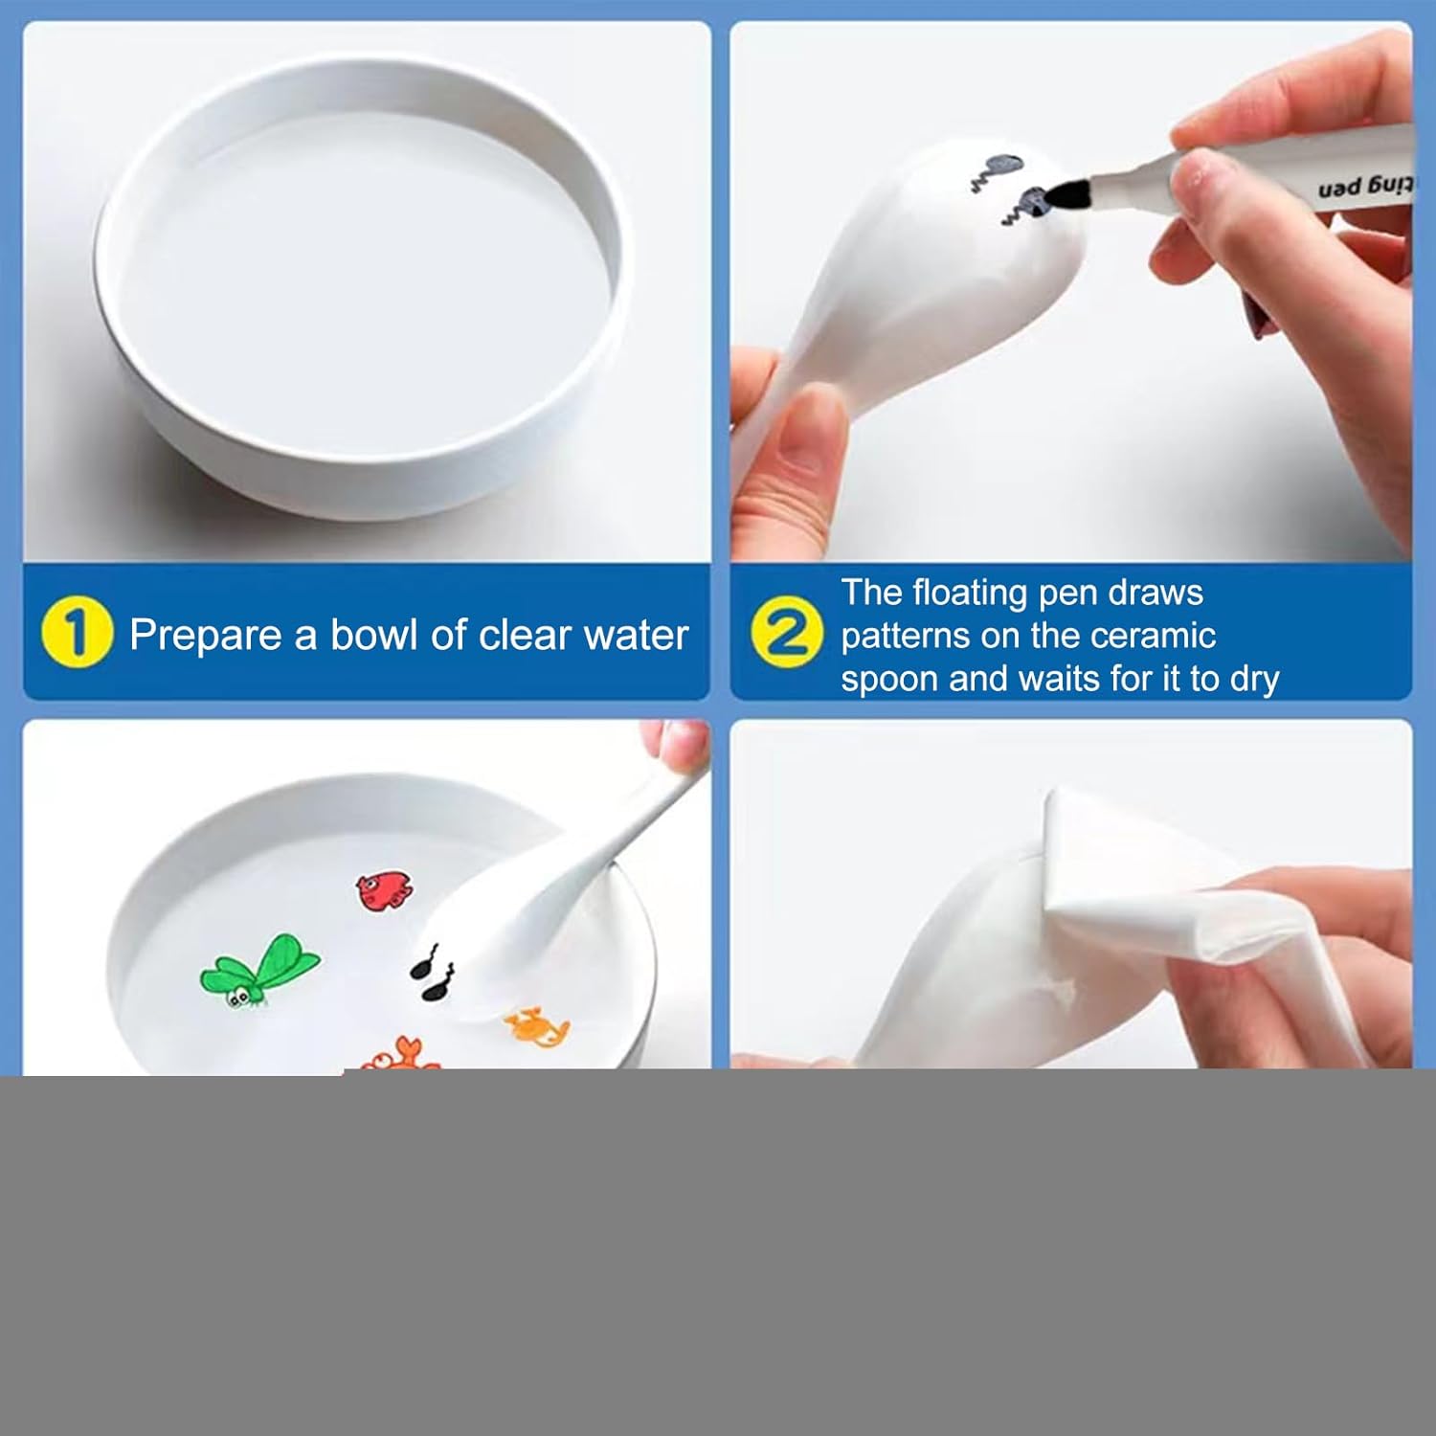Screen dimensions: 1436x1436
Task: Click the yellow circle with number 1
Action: point(77,633)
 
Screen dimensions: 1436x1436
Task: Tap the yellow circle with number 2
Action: point(787,633)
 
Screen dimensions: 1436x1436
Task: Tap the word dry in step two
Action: point(1254,680)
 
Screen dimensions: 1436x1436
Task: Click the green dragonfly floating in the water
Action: point(259,971)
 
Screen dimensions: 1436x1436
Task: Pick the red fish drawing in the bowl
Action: point(384,890)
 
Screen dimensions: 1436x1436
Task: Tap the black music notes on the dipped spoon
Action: point(433,974)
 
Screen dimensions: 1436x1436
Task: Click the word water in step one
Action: point(637,636)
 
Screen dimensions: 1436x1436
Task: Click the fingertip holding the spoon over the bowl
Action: point(675,748)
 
